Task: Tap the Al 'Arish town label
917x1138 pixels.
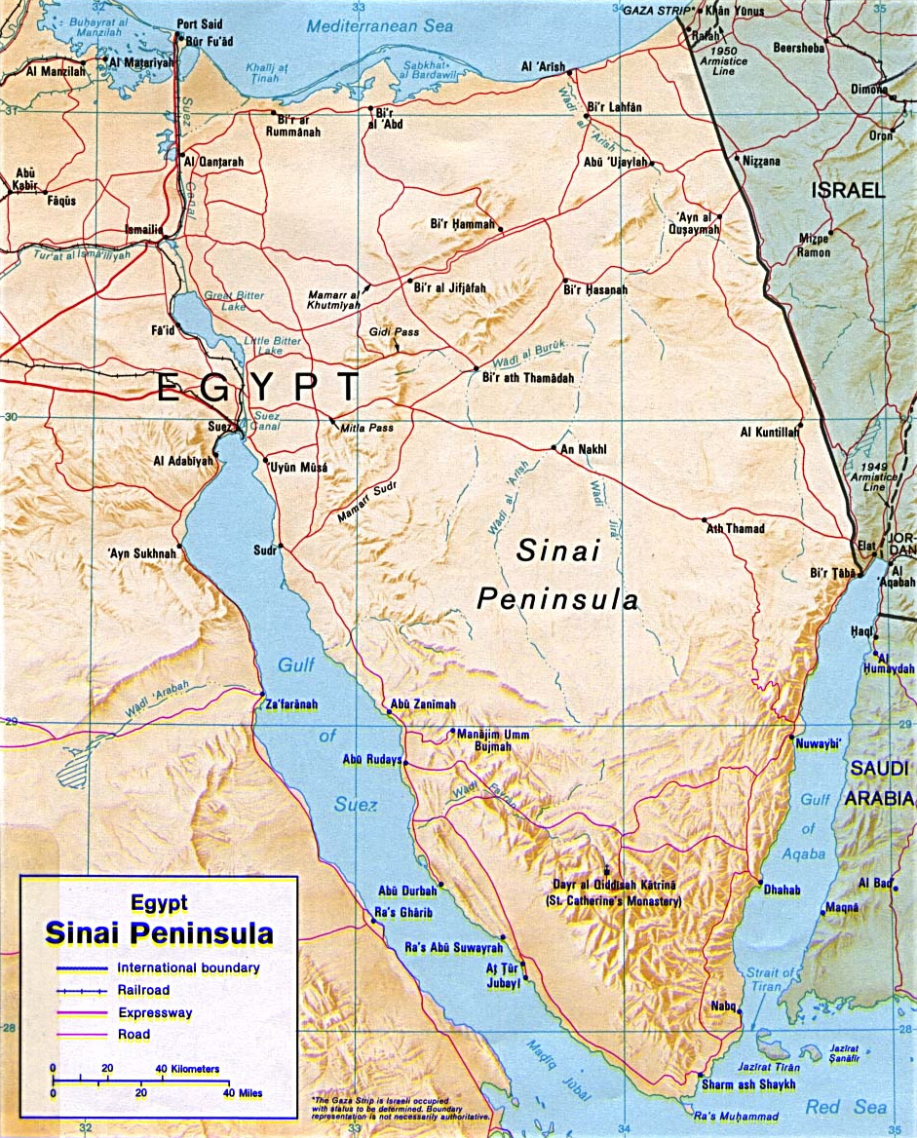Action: click(x=544, y=66)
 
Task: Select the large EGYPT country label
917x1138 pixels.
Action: click(x=258, y=388)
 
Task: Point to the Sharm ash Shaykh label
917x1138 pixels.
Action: click(x=747, y=1084)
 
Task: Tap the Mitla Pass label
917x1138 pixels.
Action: click(x=367, y=428)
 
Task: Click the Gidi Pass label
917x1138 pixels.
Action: click(x=394, y=332)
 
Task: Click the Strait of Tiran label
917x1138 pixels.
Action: click(x=770, y=979)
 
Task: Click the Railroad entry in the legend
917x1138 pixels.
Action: click(x=143, y=990)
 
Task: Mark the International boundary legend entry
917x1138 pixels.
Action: click(x=188, y=967)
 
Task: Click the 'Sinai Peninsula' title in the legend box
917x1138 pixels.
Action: click(x=159, y=934)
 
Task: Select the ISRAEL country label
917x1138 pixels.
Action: click(x=848, y=191)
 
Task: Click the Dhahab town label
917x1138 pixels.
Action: click(x=783, y=890)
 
